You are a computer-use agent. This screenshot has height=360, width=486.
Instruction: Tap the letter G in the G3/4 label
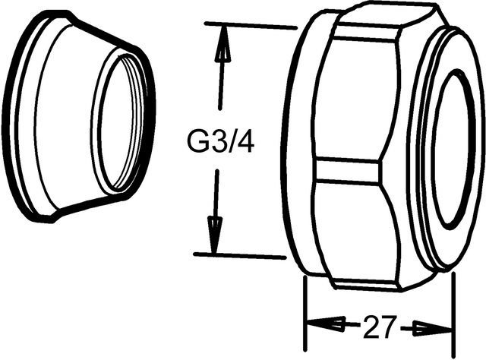coord(197,142)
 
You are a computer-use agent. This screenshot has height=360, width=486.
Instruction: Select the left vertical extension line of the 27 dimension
coord(304,311)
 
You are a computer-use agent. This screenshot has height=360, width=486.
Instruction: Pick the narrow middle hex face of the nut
coord(349,169)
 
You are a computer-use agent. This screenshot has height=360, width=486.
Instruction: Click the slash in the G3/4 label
coord(231,142)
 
